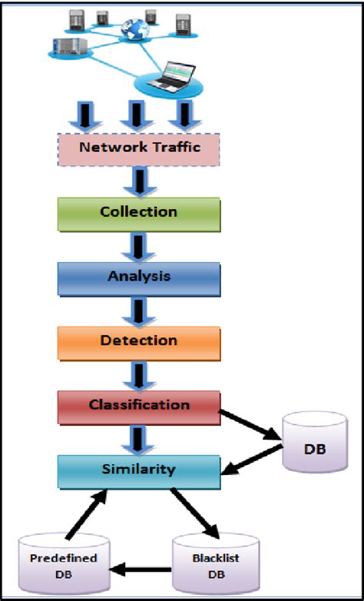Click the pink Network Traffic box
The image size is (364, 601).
139,148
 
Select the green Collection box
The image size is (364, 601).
139,213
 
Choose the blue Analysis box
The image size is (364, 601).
139,277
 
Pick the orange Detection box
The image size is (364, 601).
139,341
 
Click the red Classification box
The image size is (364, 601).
139,406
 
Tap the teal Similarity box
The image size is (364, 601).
139,470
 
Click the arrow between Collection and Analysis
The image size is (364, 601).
139,246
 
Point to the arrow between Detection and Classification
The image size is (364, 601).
139,374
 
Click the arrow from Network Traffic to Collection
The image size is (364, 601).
139,181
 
